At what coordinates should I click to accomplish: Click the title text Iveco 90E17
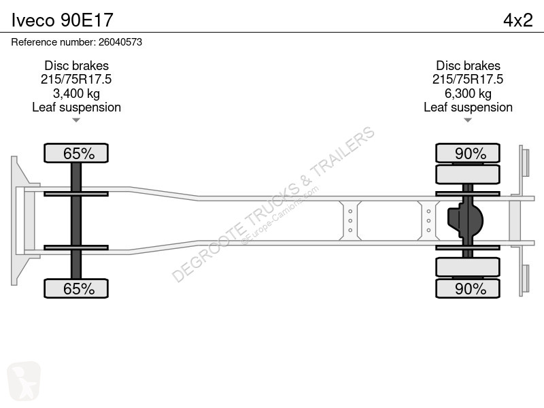[63, 20]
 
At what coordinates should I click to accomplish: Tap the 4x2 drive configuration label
[517, 20]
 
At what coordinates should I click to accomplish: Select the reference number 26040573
[120, 42]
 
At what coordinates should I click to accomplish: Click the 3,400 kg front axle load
[76, 93]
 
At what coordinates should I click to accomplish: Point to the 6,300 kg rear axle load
[468, 93]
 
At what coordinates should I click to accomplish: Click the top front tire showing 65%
[76, 153]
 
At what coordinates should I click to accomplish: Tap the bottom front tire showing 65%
[76, 288]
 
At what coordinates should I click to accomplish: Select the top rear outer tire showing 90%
[468, 153]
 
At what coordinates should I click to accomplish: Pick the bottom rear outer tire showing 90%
[468, 288]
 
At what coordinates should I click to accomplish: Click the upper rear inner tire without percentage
[468, 174]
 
